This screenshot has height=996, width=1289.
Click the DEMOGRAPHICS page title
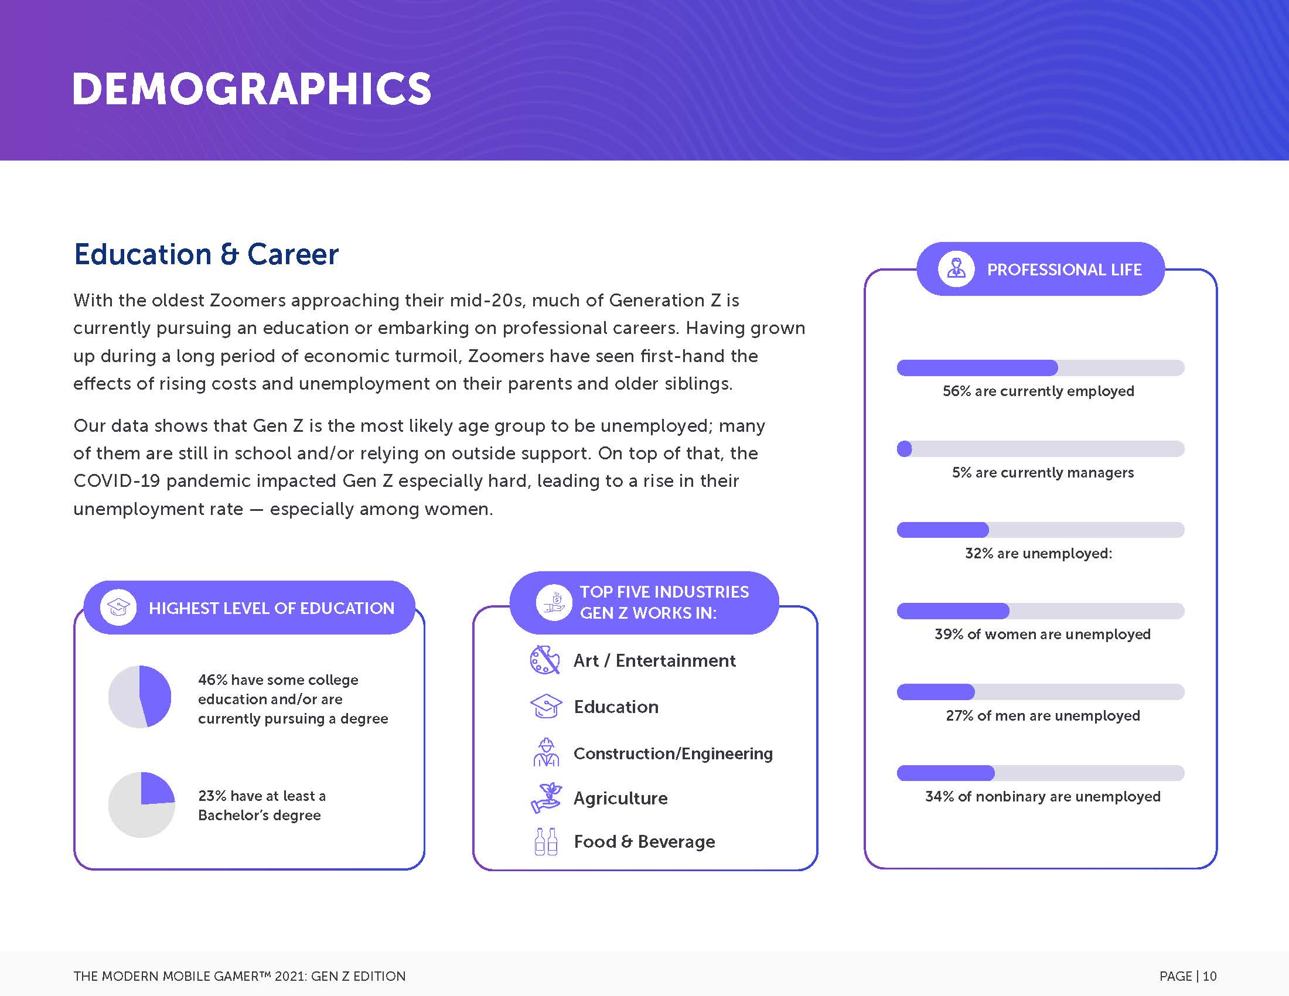click(251, 89)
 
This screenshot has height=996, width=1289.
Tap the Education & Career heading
click(206, 254)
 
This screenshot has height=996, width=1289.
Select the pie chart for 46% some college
click(140, 696)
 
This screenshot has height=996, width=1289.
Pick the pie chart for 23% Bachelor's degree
click(142, 804)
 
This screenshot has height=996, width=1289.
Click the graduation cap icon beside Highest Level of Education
click(118, 607)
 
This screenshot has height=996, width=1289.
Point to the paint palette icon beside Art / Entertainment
click(545, 660)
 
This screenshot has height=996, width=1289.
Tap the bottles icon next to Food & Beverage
click(546, 841)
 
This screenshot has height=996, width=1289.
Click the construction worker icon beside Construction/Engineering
click(547, 752)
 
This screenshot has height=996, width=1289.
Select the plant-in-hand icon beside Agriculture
click(547, 798)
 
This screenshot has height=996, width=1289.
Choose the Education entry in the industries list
click(616, 707)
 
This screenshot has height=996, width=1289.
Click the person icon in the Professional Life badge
click(956, 269)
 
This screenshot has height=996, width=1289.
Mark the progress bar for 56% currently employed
click(1041, 367)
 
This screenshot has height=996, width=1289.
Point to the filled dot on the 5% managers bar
click(904, 449)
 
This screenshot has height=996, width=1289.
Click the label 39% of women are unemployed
click(1042, 635)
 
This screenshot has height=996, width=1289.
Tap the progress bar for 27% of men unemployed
click(1041, 691)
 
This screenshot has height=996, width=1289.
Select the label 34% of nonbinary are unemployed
click(1043, 797)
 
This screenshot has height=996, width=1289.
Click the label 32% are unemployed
click(1039, 554)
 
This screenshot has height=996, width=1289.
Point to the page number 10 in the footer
click(1209, 976)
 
